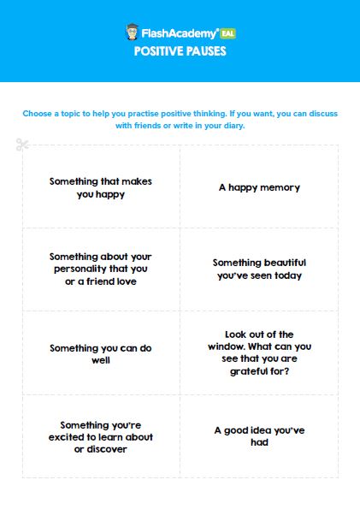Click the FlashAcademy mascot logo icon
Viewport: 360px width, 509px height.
click(133, 33)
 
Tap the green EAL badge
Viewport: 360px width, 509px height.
click(227, 33)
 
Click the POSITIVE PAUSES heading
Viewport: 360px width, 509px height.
click(180, 51)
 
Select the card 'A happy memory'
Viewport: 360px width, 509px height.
click(259, 186)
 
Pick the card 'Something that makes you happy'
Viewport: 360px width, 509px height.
click(101, 187)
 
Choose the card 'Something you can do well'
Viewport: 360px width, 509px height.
click(101, 354)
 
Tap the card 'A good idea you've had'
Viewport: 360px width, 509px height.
click(259, 435)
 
